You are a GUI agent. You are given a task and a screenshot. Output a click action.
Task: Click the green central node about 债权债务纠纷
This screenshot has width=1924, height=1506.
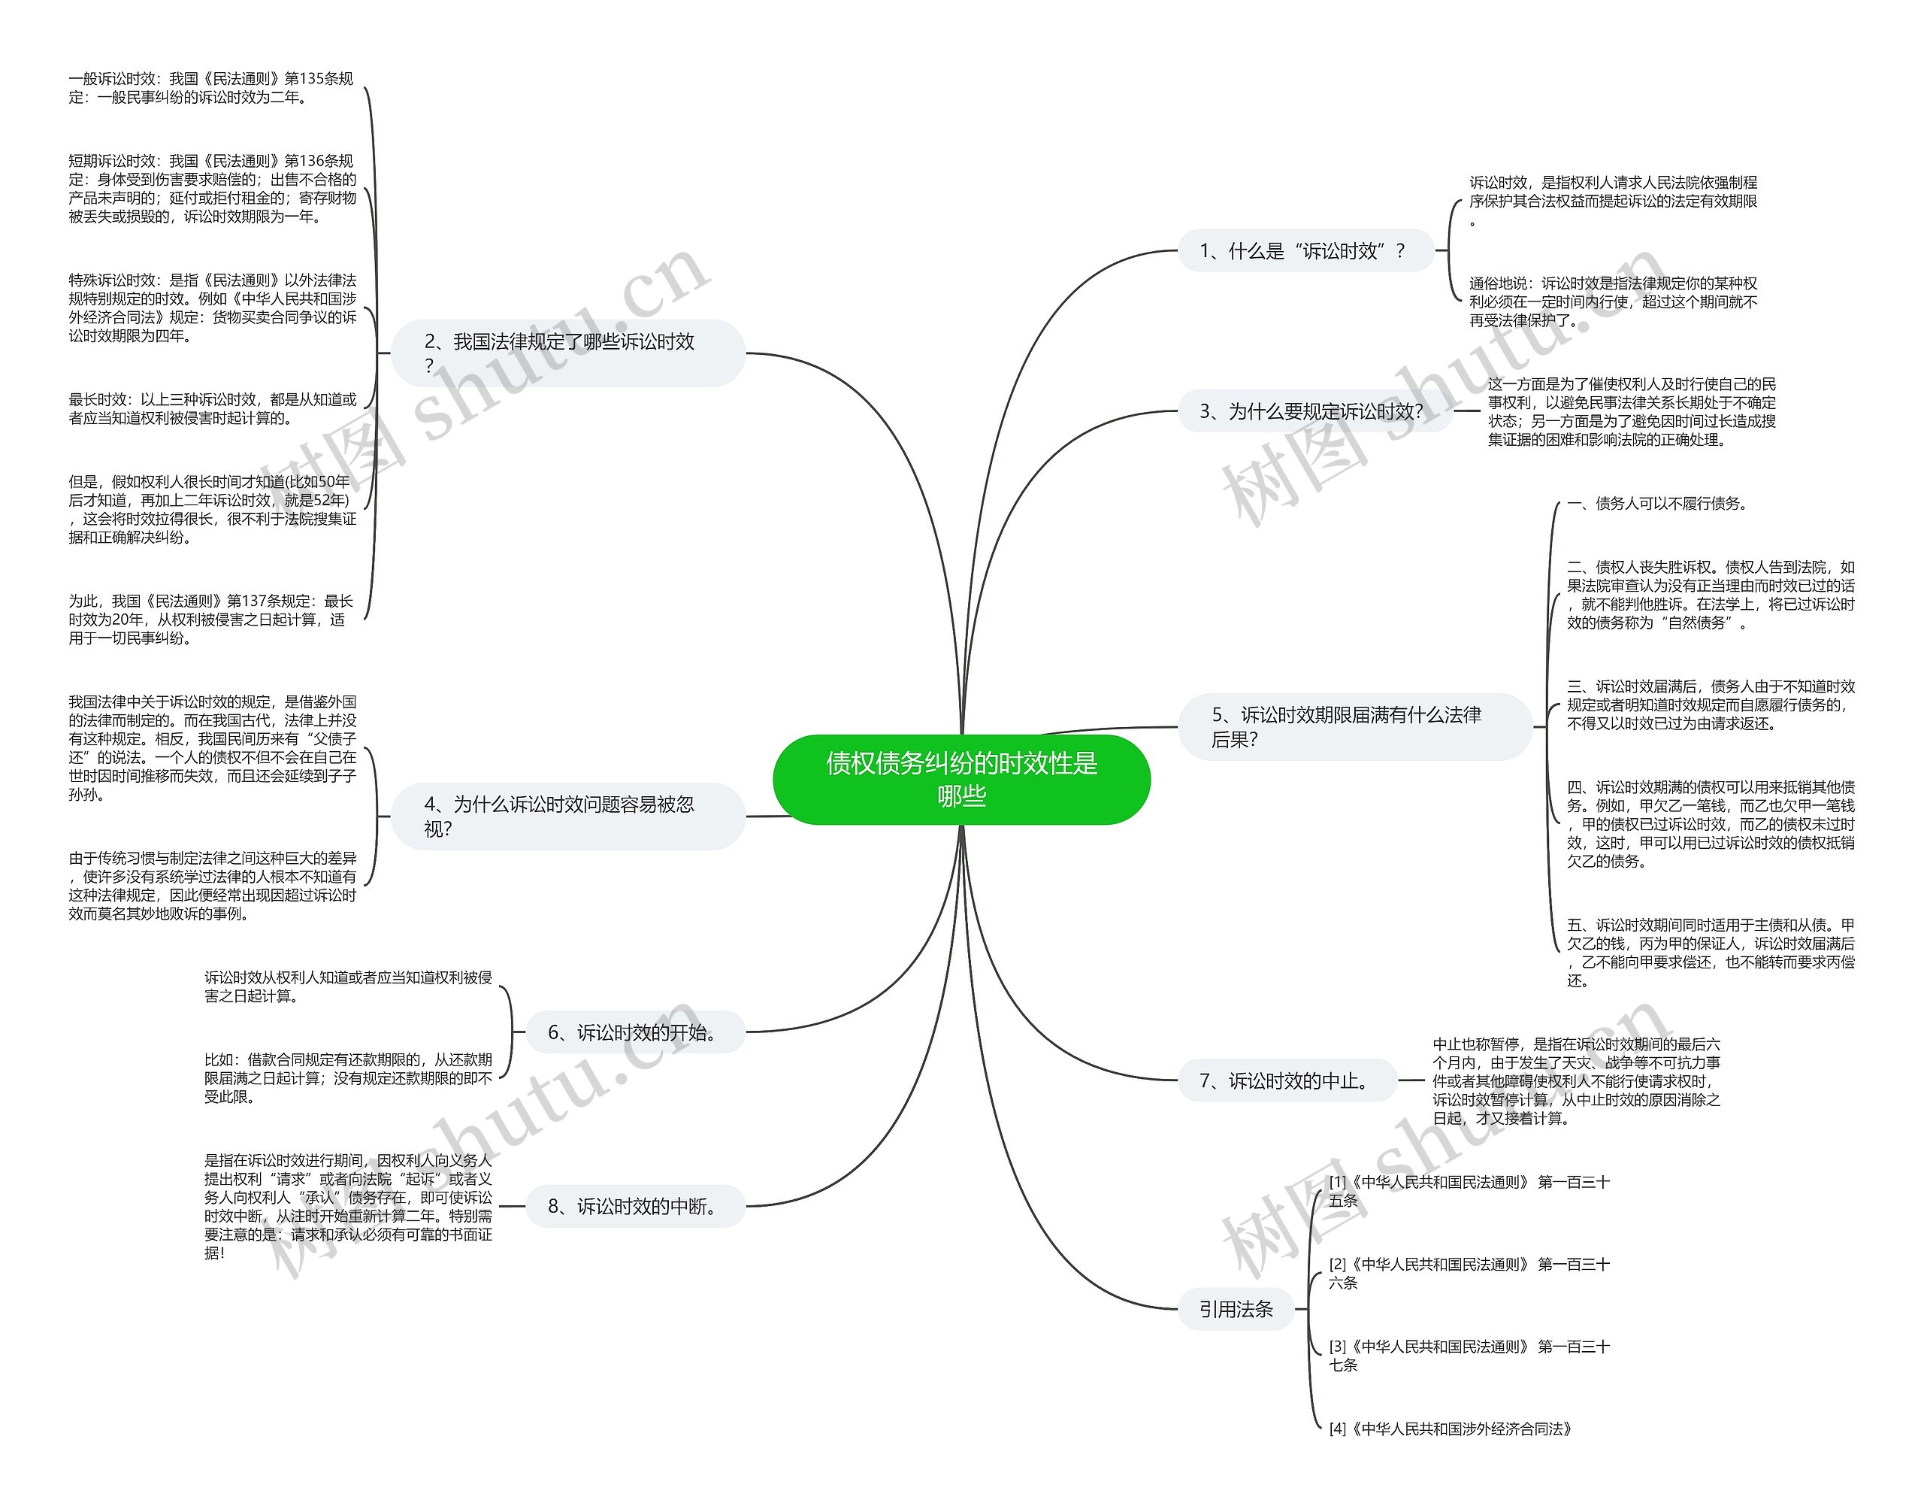tap(961, 780)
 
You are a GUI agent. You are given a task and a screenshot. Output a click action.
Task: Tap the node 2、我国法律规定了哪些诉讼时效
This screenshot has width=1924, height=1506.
tap(568, 353)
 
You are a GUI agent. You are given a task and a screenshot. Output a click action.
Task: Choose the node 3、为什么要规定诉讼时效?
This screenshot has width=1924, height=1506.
tap(1314, 411)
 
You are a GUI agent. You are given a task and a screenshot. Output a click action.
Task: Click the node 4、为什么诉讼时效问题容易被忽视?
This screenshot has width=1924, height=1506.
tap(568, 816)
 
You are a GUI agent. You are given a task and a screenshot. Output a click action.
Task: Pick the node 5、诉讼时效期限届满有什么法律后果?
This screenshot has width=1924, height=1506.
tap(1354, 726)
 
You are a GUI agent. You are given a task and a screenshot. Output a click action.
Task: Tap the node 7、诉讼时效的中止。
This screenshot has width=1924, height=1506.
tap(1287, 1081)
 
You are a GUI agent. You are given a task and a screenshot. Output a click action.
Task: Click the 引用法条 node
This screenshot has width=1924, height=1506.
tap(1236, 1309)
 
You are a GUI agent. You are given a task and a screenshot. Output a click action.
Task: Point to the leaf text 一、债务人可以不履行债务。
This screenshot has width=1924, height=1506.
tap(1657, 504)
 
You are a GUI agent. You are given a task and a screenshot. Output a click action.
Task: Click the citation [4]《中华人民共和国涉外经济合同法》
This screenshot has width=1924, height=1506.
tap(1451, 1429)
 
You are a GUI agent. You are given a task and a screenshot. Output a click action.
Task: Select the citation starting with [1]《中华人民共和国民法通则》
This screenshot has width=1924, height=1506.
tap(1469, 1190)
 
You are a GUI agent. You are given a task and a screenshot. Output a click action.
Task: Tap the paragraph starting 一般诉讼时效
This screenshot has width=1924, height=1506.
tap(210, 88)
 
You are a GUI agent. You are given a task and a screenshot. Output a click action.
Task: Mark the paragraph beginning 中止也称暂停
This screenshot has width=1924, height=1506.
tap(1576, 1081)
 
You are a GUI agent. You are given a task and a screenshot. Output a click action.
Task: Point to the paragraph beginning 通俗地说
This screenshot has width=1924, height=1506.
tap(1613, 302)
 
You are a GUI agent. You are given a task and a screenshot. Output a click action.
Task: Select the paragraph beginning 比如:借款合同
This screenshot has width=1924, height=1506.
tap(348, 1077)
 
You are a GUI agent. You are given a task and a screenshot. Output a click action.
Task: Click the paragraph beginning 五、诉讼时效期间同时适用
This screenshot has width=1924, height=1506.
tap(1710, 953)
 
